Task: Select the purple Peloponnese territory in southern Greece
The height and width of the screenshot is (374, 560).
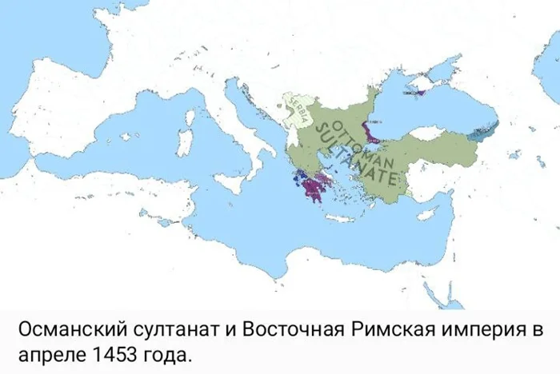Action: [x=315, y=191]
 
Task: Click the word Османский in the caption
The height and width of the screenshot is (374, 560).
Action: [x=69, y=329]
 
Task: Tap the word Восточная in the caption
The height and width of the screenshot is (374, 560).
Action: [x=284, y=329]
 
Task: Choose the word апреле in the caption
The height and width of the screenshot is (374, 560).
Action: [x=46, y=352]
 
